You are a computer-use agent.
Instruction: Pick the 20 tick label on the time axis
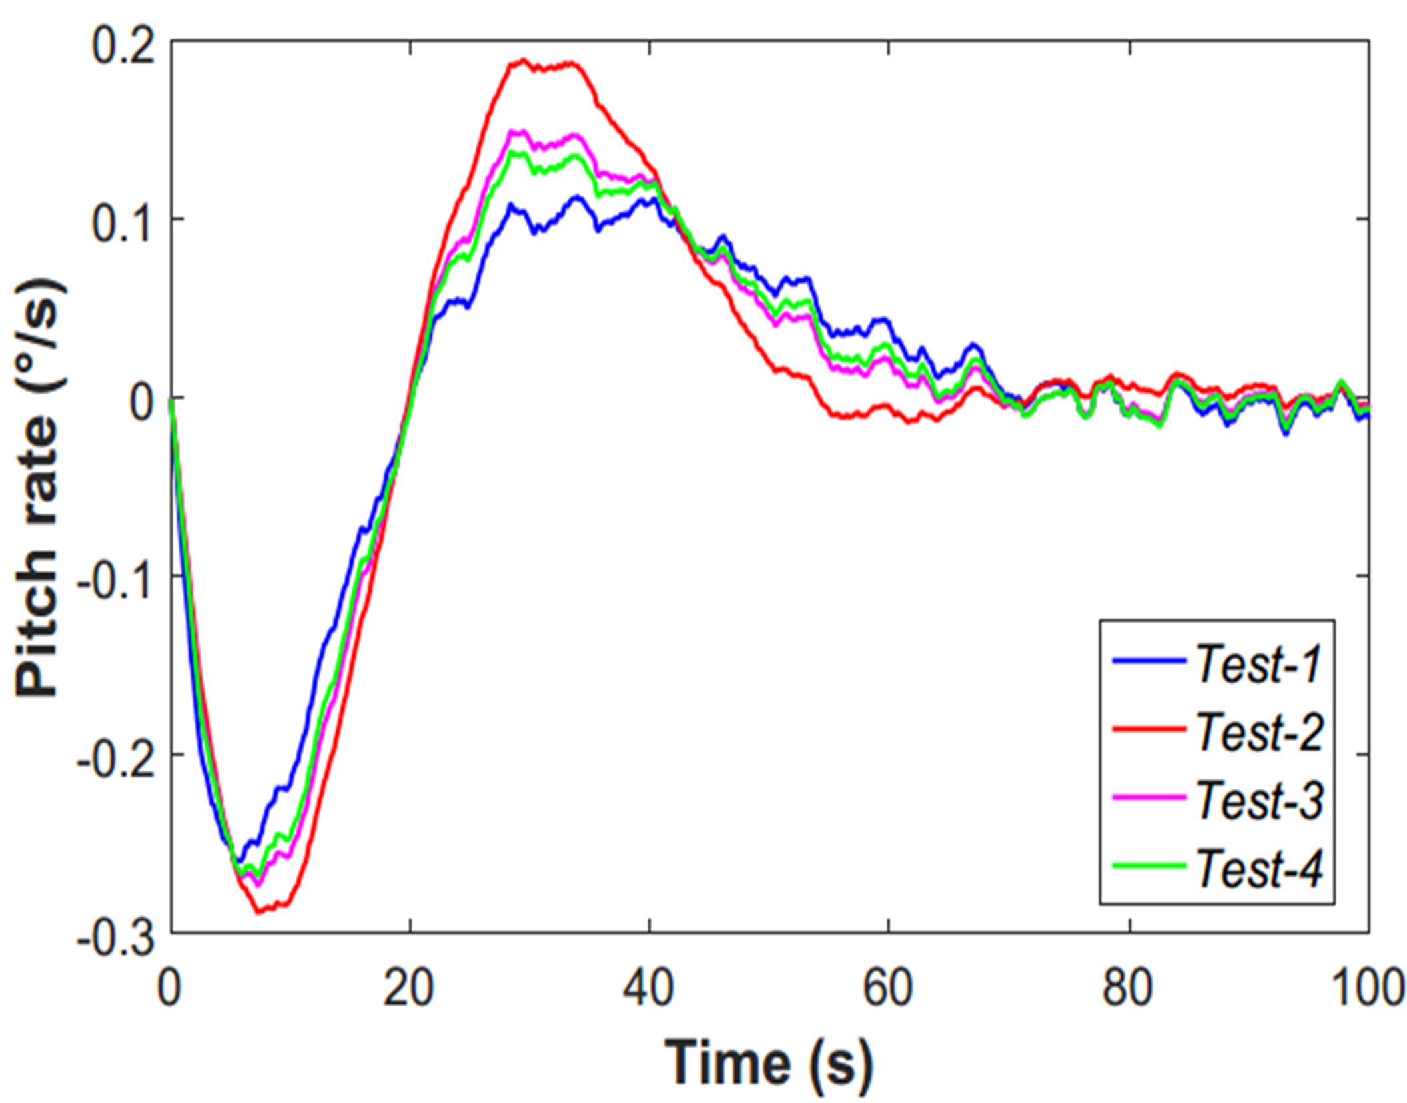point(409,988)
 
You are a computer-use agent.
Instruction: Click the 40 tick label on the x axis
point(648,988)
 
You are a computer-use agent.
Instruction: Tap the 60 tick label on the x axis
point(888,988)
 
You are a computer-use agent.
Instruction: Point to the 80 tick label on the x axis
point(1128,988)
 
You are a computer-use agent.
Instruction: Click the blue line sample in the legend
point(1149,661)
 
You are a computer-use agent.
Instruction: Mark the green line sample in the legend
point(1149,865)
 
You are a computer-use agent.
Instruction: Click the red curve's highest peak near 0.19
point(524,60)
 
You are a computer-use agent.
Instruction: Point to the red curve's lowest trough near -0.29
point(259,911)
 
